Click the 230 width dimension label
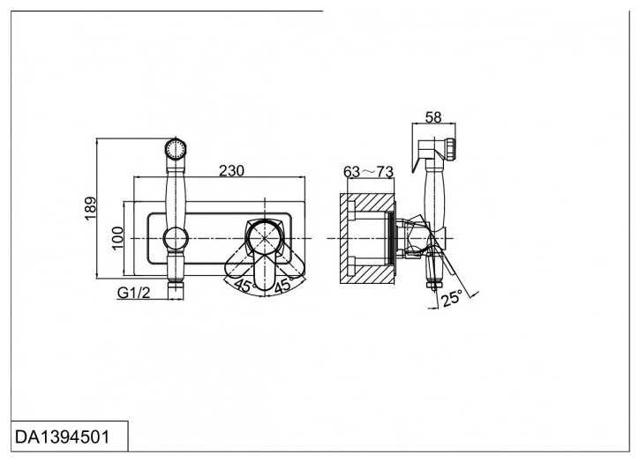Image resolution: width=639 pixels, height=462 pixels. (231, 171)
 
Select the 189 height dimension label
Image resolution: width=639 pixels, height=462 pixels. (91, 208)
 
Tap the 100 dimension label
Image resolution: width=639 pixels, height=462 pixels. (117, 239)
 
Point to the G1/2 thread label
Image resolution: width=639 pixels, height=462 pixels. (133, 293)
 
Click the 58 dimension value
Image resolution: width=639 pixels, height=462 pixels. (433, 117)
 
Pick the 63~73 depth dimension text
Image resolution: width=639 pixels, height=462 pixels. (368, 172)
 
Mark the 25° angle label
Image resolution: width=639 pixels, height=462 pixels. (452, 298)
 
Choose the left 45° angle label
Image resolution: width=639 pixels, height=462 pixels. (244, 286)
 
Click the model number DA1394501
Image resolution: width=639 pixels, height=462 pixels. (63, 437)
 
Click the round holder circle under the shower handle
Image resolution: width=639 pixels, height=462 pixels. (176, 239)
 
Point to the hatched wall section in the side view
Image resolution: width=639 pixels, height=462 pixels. (367, 238)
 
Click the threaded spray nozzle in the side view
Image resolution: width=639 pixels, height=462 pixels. (450, 149)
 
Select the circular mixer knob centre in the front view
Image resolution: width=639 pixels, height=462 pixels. (265, 239)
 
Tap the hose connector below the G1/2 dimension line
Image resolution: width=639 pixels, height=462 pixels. (176, 292)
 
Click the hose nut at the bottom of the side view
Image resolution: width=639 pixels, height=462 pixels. (432, 284)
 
